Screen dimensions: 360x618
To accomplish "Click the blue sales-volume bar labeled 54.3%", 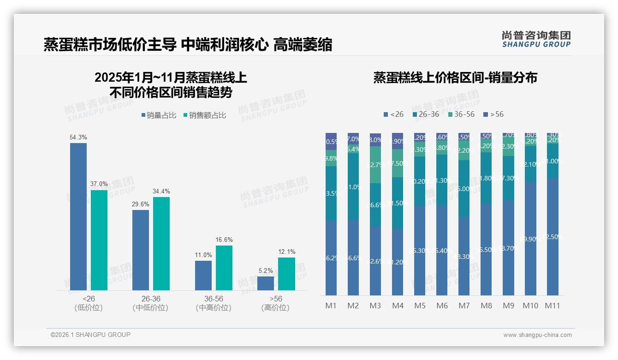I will point(78,216).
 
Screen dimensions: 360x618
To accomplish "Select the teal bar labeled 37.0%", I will point(99,240).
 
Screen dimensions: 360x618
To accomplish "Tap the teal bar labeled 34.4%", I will point(161,244).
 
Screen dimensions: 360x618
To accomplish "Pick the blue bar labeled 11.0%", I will point(203,276).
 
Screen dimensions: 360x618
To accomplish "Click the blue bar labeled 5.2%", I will point(266,283).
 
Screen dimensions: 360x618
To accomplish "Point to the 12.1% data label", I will point(286,252).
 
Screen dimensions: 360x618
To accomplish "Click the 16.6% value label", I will point(224,240).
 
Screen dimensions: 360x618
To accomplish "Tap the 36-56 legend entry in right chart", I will point(461,114).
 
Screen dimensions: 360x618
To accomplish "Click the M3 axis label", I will point(375,306).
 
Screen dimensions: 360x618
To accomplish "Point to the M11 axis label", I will point(552,306).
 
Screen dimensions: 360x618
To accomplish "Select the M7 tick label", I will point(464,306).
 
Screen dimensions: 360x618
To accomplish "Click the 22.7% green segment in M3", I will point(375,165).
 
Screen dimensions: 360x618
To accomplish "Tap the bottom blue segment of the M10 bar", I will point(530,239).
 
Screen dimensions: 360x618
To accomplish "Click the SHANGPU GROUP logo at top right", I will point(536,39).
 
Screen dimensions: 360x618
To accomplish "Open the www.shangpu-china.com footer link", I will point(537,335).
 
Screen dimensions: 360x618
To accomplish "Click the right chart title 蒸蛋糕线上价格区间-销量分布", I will point(455,78).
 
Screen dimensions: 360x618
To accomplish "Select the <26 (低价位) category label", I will point(89,303).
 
